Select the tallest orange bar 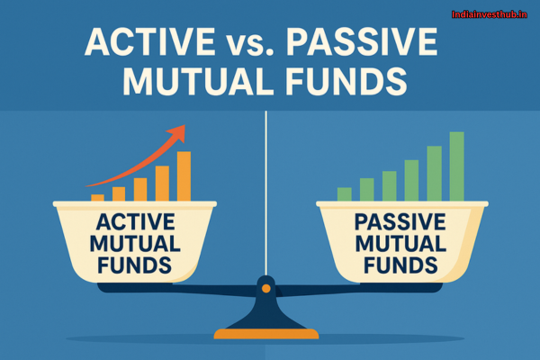tap(184, 175)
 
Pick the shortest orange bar tap(97, 196)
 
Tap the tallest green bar tap(456, 166)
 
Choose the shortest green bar tap(344, 193)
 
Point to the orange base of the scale tap(266, 334)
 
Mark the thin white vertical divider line tap(266, 180)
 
